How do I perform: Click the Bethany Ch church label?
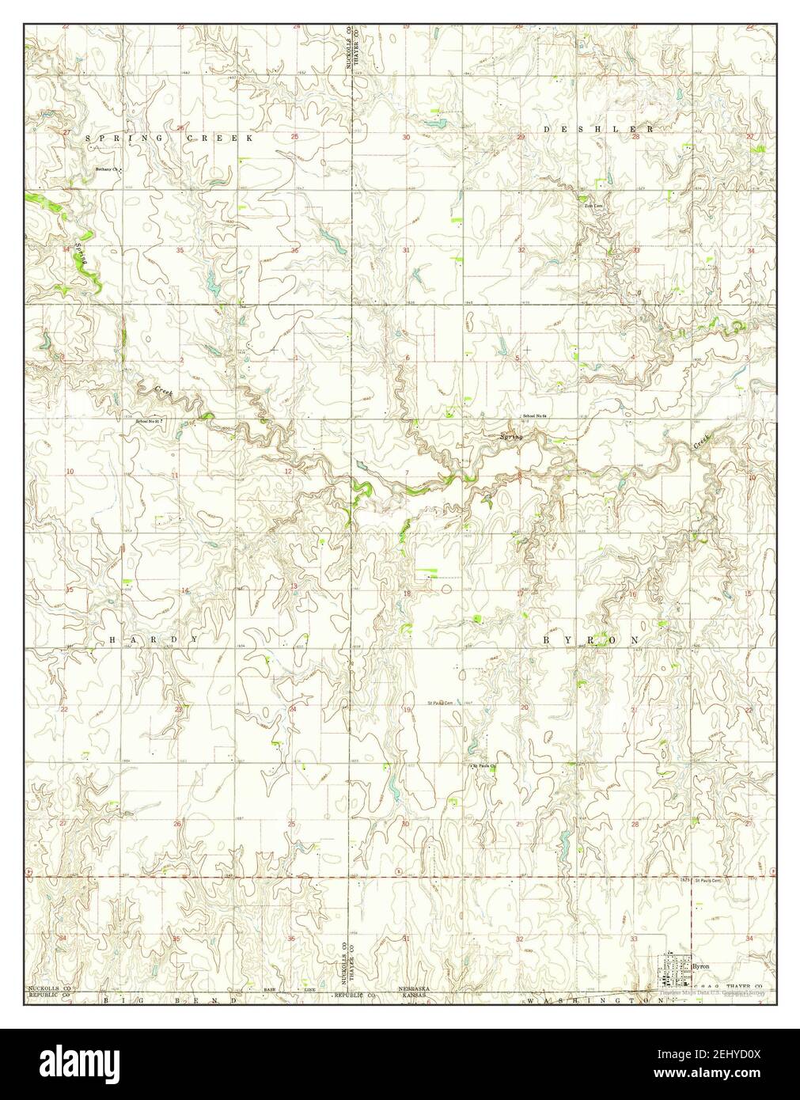(106, 169)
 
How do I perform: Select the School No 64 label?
(535, 416)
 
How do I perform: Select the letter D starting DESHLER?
(548, 128)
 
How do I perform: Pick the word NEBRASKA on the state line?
(414, 990)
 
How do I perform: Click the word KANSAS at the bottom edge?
(414, 997)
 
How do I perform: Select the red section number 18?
(408, 593)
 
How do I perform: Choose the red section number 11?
(173, 474)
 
